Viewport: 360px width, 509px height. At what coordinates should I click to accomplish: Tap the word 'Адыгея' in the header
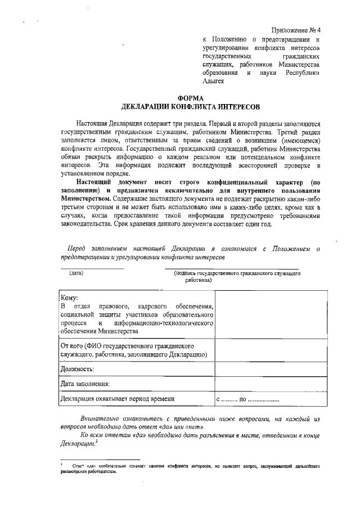point(213,81)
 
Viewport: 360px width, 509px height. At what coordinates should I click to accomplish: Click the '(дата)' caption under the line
point(76,273)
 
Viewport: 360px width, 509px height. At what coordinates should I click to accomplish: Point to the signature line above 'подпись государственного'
point(231,268)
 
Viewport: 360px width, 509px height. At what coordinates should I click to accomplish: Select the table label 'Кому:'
point(69,298)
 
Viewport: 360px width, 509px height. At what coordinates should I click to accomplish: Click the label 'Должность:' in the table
point(77,369)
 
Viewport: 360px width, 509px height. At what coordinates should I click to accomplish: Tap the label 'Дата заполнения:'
point(85,384)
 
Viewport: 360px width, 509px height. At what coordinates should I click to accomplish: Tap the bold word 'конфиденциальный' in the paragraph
point(233,183)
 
